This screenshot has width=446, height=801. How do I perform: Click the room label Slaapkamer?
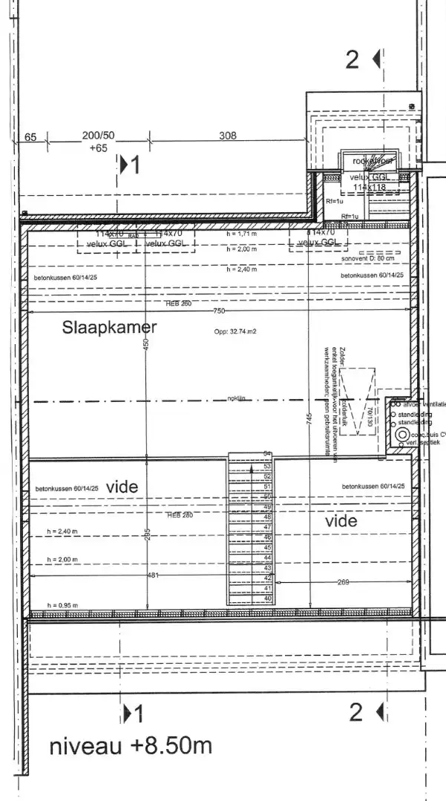pyautogui.click(x=109, y=326)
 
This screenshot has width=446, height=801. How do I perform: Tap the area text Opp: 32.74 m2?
pyautogui.click(x=236, y=332)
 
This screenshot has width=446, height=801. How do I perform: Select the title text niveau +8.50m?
pyautogui.click(x=130, y=746)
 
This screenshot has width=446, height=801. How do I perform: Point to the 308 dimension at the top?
pyautogui.click(x=228, y=136)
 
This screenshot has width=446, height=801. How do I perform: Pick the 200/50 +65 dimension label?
pyautogui.click(x=98, y=142)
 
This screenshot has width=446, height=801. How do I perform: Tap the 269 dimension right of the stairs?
pyautogui.click(x=343, y=582)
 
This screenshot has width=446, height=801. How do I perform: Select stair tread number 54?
pyautogui.click(x=268, y=453)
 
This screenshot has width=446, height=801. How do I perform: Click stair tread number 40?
pyautogui.click(x=268, y=598)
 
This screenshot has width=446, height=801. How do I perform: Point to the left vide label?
pyautogui.click(x=122, y=487)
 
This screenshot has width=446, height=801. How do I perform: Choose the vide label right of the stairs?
pyautogui.click(x=341, y=521)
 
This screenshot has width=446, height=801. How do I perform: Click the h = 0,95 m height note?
pyautogui.click(x=62, y=605)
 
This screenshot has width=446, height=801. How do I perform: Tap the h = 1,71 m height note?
pyautogui.click(x=242, y=234)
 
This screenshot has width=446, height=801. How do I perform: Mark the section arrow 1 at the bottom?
pyautogui.click(x=133, y=714)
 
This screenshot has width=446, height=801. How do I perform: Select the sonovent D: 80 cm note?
pyautogui.click(x=367, y=258)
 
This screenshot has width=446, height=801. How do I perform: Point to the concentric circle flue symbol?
pyautogui.click(x=402, y=434)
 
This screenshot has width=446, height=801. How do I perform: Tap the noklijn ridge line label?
pyautogui.click(x=236, y=399)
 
